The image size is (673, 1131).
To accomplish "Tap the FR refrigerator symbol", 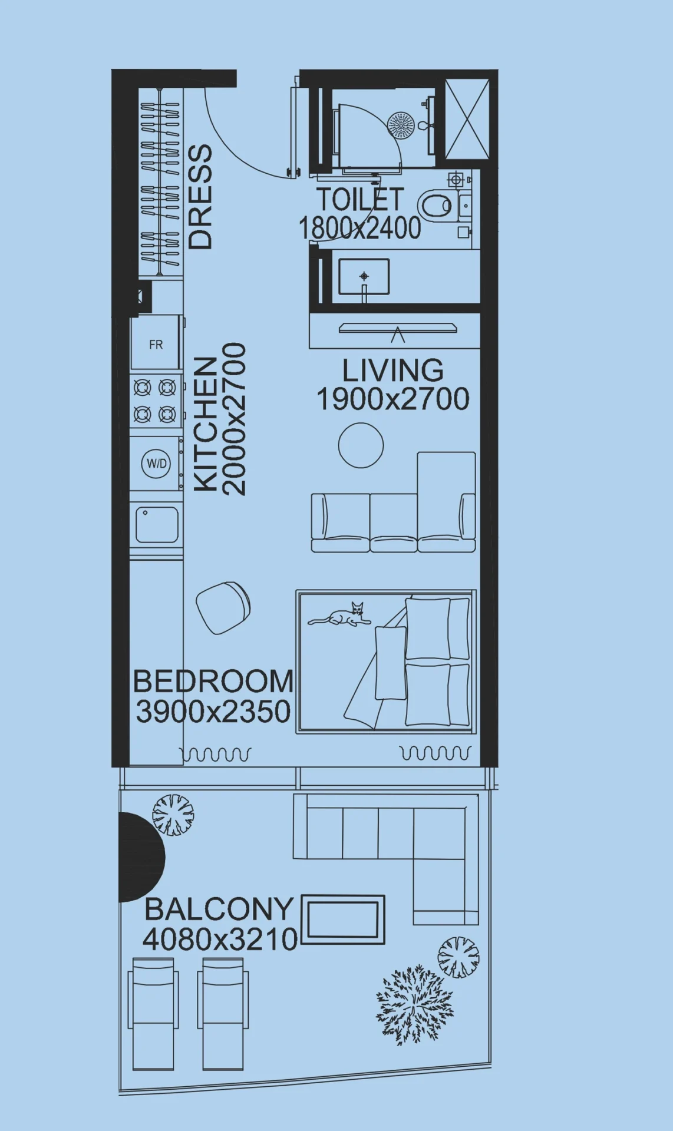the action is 156,343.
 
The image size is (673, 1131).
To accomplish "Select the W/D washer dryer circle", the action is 156,464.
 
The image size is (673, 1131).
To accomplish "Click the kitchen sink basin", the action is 157,524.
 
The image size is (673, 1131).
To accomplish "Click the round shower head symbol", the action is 401,125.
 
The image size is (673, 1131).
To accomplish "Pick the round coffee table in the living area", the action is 361,445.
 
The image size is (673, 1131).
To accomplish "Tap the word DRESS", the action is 200,197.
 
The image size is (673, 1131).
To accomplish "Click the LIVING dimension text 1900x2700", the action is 393,399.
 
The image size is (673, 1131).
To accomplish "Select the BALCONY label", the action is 219,909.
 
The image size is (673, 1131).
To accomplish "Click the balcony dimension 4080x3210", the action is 220,939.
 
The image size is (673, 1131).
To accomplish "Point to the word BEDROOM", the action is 213,682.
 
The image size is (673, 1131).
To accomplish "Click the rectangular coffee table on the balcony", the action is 343,920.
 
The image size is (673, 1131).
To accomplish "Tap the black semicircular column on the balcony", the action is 140,857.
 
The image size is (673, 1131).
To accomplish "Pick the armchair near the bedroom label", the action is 223,608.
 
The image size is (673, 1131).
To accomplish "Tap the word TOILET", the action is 360,199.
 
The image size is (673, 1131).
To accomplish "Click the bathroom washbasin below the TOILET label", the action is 364,276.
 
